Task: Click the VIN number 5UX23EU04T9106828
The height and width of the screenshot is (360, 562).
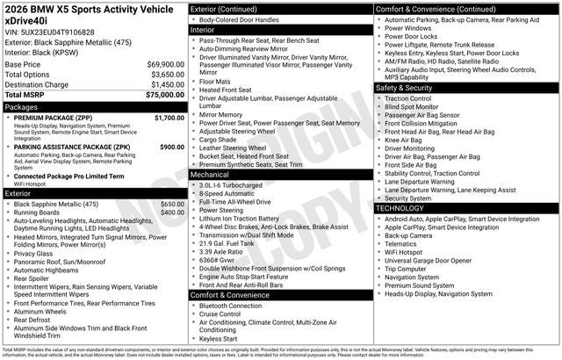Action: tap(57, 32)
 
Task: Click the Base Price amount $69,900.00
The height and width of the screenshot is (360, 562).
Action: tap(164, 65)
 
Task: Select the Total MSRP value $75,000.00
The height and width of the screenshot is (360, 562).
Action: tap(164, 95)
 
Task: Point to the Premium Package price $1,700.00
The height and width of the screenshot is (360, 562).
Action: tap(169, 118)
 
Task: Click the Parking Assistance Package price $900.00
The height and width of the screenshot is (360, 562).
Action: tap(171, 148)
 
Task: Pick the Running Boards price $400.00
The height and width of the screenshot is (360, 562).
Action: tap(172, 212)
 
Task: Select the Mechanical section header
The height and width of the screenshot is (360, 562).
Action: tap(216, 175)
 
